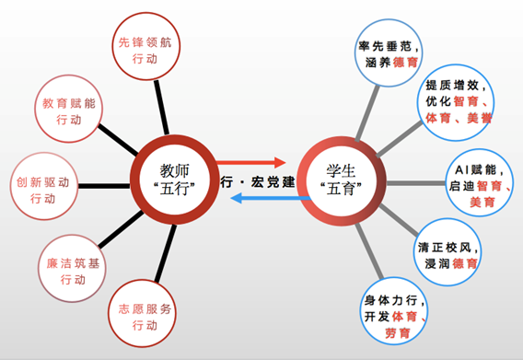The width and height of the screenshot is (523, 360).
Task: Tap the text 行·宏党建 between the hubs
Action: tap(261, 180)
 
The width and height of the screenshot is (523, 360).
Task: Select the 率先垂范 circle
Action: tap(386, 51)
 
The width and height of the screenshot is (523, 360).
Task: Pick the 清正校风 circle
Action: tap(447, 254)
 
